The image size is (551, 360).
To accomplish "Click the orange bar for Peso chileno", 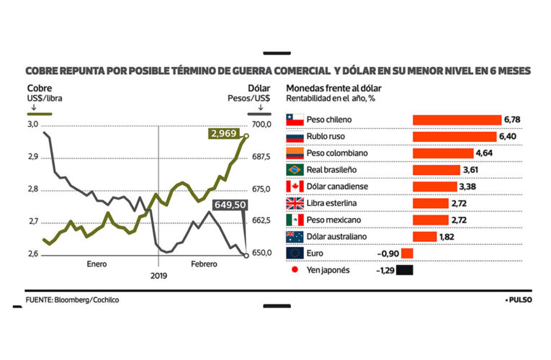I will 456,120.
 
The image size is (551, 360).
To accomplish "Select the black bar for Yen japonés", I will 405,271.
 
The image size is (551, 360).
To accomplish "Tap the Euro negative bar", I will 406,253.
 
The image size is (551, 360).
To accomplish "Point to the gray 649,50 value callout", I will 230,204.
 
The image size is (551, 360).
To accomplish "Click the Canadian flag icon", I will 295,186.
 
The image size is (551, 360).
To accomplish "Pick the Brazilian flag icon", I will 295,170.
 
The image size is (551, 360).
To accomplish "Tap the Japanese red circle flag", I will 295,271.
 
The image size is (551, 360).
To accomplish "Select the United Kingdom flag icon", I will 295,203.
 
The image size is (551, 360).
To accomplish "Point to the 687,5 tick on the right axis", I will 260,157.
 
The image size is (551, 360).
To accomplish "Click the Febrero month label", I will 204,264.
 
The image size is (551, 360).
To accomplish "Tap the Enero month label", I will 97,264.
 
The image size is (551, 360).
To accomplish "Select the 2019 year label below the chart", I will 158,276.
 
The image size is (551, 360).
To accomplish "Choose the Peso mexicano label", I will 333,220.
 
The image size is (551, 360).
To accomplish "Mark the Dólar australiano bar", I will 424,237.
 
